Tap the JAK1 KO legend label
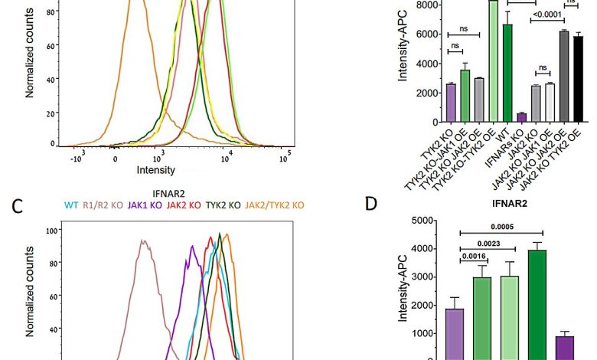[146, 205]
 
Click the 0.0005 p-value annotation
[502, 227]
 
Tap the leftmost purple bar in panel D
[454, 334]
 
